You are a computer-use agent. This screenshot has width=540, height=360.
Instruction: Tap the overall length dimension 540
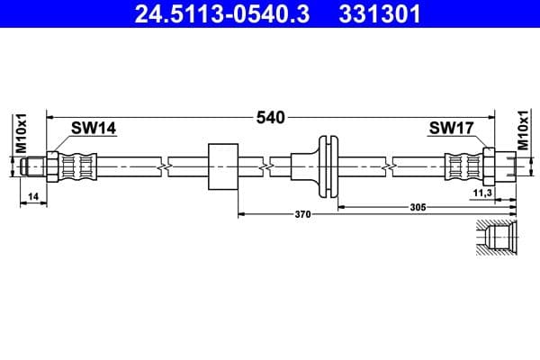[270, 117]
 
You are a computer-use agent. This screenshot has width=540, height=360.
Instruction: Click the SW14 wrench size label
[94, 129]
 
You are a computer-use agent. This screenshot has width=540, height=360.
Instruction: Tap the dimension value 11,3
[482, 193]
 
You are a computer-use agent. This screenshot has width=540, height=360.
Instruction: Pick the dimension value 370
[302, 214]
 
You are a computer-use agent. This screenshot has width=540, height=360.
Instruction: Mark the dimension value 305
[417, 206]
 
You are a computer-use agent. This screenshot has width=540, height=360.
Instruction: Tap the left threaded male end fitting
[34, 166]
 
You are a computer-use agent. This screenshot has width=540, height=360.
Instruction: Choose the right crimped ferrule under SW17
[462, 166]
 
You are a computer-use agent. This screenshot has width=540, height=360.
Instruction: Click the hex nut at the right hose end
[490, 166]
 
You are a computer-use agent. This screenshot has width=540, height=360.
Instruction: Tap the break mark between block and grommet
[267, 166]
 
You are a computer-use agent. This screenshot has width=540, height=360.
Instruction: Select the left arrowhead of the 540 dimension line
[51, 117]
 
